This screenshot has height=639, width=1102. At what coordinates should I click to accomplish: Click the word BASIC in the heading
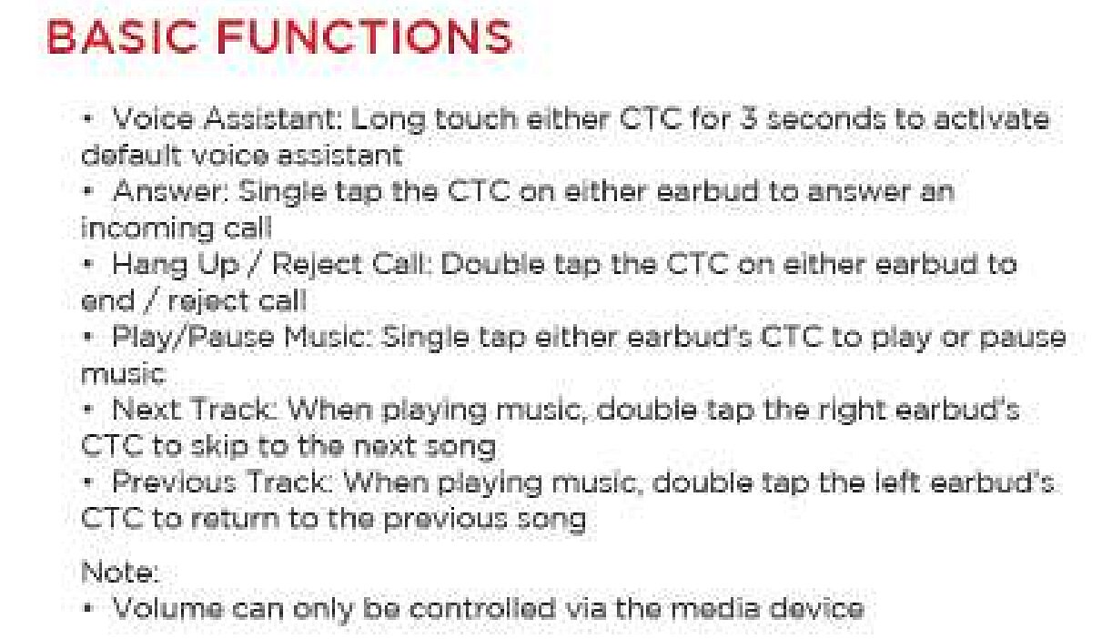[122, 37]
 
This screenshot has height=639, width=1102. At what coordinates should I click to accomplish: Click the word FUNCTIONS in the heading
[365, 37]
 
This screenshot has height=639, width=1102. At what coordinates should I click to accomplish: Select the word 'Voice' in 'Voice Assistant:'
[153, 119]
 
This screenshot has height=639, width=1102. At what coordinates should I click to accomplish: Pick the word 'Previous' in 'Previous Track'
[174, 482]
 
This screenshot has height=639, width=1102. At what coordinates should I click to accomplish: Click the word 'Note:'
[120, 572]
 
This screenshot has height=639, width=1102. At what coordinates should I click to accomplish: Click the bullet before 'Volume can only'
[88, 608]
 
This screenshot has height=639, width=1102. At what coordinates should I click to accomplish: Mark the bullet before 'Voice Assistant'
[88, 118]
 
